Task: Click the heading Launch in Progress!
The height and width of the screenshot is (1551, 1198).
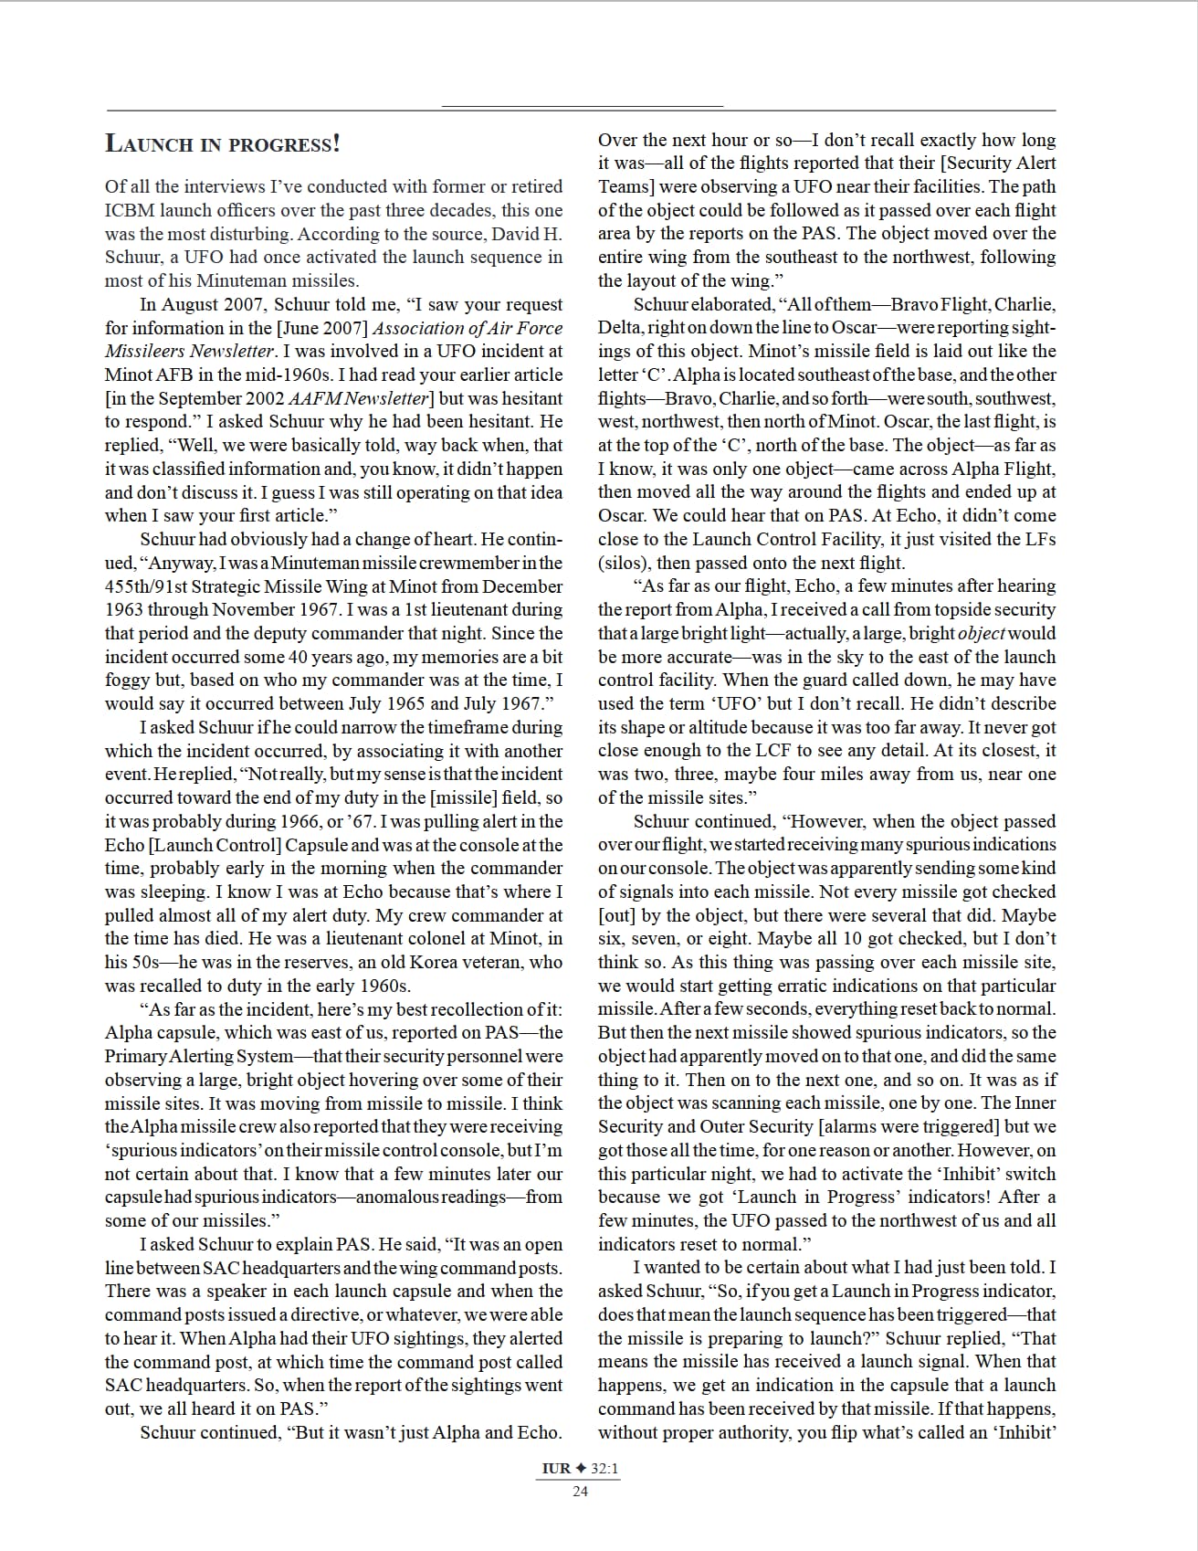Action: [223, 143]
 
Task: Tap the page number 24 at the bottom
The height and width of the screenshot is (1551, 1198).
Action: [580, 1492]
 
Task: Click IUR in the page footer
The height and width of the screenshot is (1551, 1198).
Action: [555, 1469]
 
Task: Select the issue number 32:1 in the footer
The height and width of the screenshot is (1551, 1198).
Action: [604, 1469]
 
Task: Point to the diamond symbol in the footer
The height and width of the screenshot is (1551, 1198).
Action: [581, 1469]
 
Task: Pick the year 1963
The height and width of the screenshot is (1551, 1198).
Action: [123, 610]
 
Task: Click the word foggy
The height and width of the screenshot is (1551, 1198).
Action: [125, 681]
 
